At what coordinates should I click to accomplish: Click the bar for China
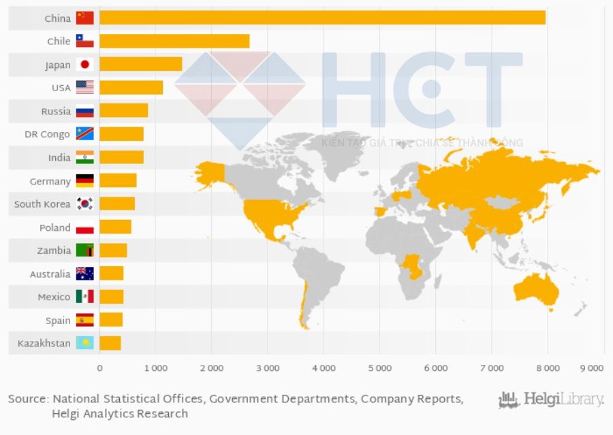click(x=322, y=18)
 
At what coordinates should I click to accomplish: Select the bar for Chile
click(x=174, y=41)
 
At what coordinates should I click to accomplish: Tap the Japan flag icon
click(x=85, y=65)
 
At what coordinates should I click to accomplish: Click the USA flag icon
click(x=85, y=88)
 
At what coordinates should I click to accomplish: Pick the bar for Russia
click(x=123, y=111)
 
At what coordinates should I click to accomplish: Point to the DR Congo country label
click(x=47, y=134)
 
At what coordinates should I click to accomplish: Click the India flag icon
click(x=85, y=157)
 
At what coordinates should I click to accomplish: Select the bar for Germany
click(x=118, y=180)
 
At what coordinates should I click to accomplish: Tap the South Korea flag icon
click(x=85, y=204)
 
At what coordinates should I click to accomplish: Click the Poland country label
click(x=54, y=227)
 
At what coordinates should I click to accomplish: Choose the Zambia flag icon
click(x=85, y=251)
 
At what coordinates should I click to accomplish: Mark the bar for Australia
click(x=111, y=274)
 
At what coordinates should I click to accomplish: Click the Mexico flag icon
click(x=85, y=297)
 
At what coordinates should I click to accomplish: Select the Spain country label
click(x=58, y=320)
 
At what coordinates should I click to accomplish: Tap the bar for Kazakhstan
click(x=110, y=343)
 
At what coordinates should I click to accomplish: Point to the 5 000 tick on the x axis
click(x=379, y=368)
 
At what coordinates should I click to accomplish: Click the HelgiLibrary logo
click(x=551, y=400)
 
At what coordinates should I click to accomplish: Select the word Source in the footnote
click(x=28, y=399)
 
